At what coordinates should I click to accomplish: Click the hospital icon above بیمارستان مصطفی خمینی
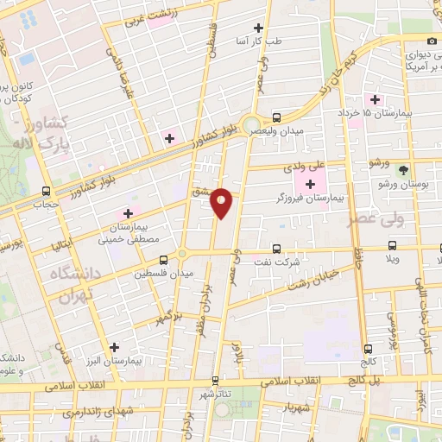click(129, 212)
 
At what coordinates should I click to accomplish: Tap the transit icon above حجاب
click(46, 192)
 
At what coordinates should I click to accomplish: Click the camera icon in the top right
click(432, 41)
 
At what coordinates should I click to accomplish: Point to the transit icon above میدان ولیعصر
click(276, 118)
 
